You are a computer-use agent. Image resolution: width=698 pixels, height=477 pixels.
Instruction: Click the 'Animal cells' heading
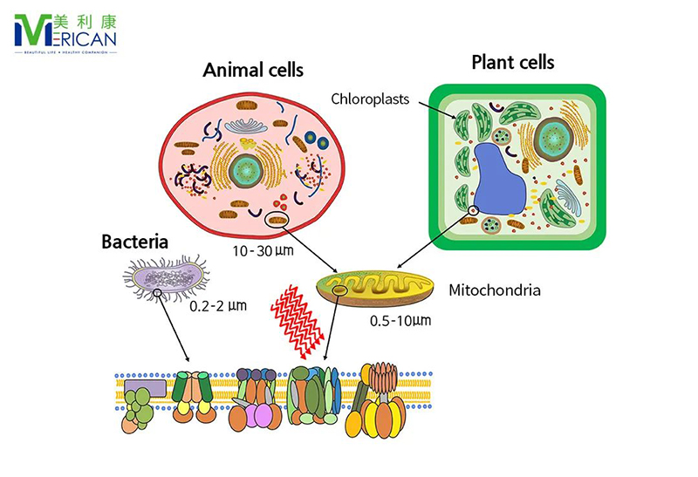tap(253, 70)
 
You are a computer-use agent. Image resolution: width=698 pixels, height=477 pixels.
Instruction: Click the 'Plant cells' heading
tap(512, 62)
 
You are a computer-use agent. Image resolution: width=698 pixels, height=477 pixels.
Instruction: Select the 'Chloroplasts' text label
tap(371, 99)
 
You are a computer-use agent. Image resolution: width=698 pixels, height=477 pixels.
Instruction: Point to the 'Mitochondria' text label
tap(494, 289)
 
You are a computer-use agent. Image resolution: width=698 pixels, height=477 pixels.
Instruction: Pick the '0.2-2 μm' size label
tap(218, 307)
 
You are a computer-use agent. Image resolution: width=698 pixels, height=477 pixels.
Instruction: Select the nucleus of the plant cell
tap(551, 135)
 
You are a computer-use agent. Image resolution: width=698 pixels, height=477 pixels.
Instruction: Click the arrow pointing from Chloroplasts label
tap(433, 107)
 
